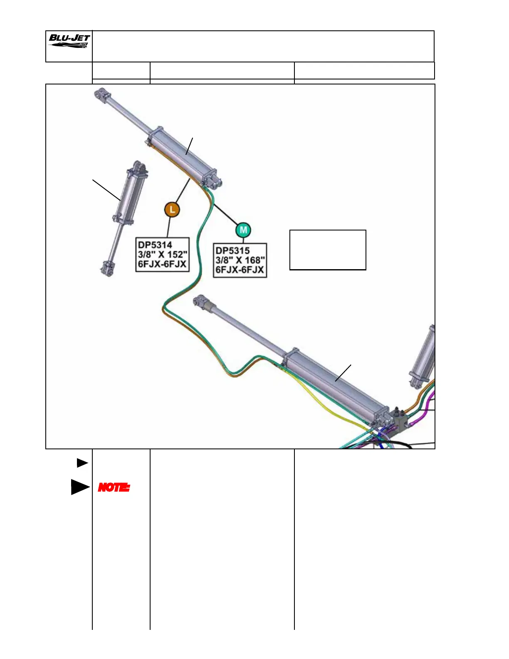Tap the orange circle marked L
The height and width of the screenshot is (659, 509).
172,209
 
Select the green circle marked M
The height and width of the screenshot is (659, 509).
243,230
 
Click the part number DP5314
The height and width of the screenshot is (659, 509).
155,245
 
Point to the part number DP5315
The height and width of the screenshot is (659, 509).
232,250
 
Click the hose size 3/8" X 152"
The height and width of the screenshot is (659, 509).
163,254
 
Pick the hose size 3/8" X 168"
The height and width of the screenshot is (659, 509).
240,260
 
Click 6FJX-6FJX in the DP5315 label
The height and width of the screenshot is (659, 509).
240,270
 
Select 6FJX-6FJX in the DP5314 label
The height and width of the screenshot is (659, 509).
162,264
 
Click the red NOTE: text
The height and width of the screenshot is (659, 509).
114,487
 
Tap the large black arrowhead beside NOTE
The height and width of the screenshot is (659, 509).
80,487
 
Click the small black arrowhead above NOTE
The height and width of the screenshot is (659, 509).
82,463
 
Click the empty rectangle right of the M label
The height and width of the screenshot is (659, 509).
328,250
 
